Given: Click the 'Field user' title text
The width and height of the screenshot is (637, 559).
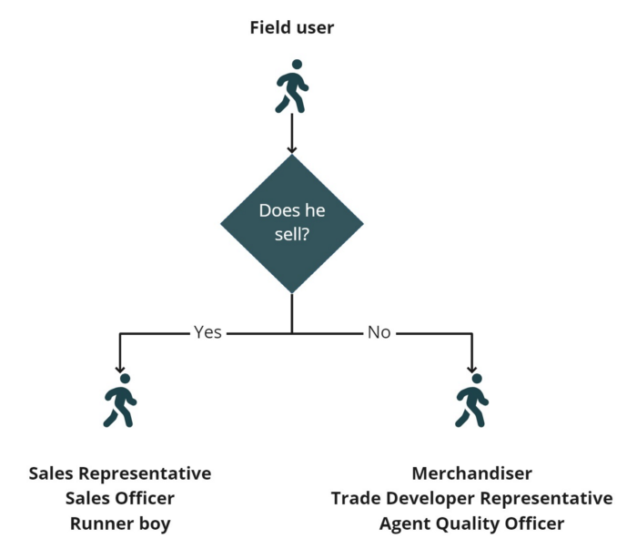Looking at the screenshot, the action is click(x=292, y=27).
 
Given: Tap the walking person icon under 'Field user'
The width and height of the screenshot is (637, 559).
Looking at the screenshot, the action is click(x=292, y=86).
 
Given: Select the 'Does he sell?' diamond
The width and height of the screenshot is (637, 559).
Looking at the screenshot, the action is click(x=292, y=223).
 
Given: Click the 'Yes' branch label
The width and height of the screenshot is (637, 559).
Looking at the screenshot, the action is click(x=207, y=332).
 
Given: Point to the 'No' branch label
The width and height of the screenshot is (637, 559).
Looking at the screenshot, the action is click(x=379, y=332).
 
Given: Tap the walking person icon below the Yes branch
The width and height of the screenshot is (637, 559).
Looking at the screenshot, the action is click(x=120, y=401).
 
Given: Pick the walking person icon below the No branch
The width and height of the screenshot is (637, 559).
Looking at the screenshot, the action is click(x=471, y=401).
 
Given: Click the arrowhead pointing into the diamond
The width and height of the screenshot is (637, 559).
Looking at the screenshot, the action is click(x=292, y=148).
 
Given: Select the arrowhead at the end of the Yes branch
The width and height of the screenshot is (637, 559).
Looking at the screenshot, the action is click(x=120, y=368).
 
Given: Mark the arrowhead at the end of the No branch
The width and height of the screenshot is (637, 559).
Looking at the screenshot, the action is click(x=471, y=368).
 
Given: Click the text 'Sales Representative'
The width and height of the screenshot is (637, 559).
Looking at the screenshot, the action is click(x=119, y=473).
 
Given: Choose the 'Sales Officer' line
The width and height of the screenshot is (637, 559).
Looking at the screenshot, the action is click(x=119, y=498).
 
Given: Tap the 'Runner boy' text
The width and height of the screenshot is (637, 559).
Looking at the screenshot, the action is click(x=119, y=523).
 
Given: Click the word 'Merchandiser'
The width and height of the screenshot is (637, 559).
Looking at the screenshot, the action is click(x=471, y=473).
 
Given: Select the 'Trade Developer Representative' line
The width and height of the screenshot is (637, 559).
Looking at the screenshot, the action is click(x=471, y=498).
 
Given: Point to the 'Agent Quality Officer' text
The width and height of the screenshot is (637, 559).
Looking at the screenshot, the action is click(x=471, y=523).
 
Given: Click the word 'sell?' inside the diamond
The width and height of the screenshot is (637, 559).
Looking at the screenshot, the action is click(x=292, y=235).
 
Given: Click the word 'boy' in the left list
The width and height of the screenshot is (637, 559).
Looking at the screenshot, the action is click(x=155, y=523).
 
